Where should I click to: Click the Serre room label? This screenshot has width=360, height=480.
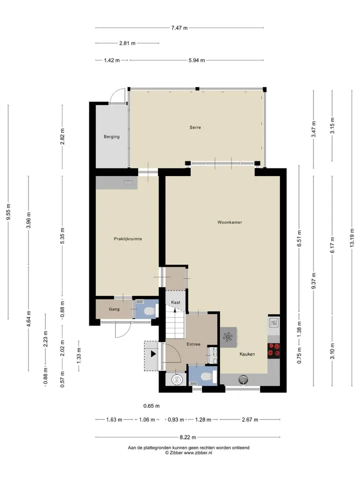(x=195, y=127)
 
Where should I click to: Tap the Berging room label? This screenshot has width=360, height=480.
(x=111, y=137)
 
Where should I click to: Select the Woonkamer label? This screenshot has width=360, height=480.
(x=229, y=222)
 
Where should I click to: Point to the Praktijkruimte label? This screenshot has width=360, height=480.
(x=128, y=239)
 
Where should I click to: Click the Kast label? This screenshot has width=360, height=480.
(x=175, y=302)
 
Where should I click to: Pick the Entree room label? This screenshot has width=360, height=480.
(x=193, y=344)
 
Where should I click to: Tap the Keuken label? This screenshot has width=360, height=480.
(x=247, y=354)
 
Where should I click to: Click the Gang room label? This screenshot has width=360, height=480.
(x=114, y=309)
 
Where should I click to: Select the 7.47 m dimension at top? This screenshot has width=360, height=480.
(x=179, y=28)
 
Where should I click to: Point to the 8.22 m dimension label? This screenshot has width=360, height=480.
(x=187, y=437)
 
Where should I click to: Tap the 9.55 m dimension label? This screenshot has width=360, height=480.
(x=9, y=212)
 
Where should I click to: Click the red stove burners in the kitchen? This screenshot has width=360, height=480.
(x=273, y=350)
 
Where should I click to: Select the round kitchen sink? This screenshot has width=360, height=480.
(x=243, y=379)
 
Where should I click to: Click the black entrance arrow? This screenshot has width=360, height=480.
(x=153, y=354)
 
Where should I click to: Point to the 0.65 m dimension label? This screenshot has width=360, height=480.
(x=151, y=406)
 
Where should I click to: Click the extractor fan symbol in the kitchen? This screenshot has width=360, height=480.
(x=228, y=336)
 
